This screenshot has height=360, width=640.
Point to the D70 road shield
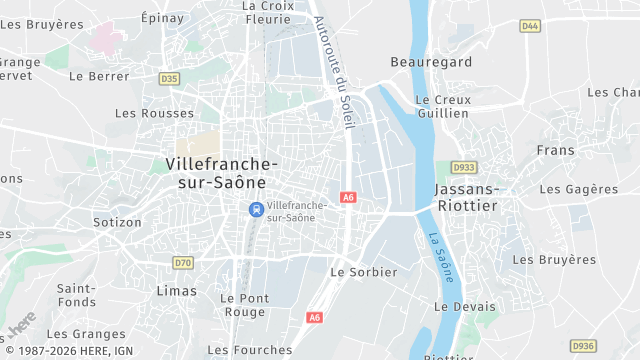pos(182,263)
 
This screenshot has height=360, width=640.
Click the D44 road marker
pos(530,26)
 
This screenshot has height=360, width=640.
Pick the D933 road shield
pos(464,168)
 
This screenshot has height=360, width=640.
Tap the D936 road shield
pos(583,345)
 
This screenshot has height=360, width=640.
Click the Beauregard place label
pos(430,62)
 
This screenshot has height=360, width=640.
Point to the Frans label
pos(555,150)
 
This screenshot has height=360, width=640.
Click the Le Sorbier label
pos(363,272)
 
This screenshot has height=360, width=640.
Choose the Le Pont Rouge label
pos(243,305)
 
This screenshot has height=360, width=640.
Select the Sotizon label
pos(117,222)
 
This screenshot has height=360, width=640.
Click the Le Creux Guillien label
pos(440,106)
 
